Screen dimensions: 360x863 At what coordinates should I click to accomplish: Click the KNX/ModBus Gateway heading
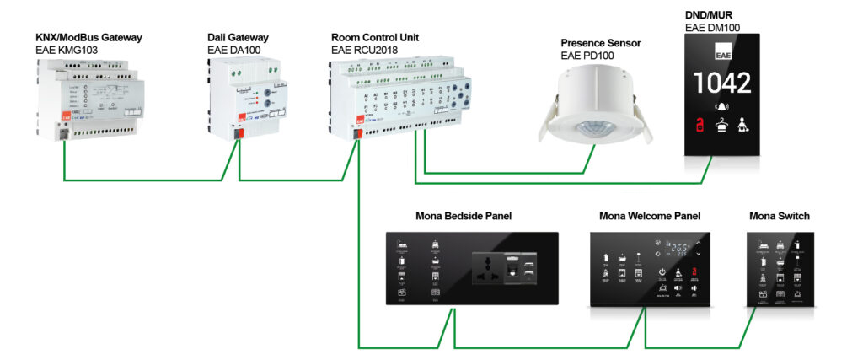88,38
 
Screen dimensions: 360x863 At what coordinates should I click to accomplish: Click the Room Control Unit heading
375,38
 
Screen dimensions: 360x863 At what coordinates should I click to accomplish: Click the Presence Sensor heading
601,43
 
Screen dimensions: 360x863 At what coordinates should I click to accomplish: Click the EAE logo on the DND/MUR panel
722,56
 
